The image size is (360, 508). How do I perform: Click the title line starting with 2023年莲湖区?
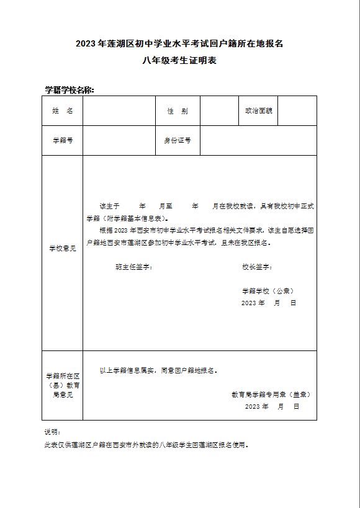tap(179, 43)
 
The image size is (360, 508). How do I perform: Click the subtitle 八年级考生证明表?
tap(179, 61)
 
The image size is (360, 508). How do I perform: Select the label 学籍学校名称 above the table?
tap(69, 90)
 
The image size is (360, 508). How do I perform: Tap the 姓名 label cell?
tap(62, 111)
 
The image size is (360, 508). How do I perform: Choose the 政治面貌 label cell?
tap(258, 111)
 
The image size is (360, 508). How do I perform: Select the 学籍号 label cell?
tap(62, 141)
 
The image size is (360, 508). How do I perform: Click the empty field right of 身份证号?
tap(258, 141)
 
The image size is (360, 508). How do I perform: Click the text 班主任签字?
tap(134, 267)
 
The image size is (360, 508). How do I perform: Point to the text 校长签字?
tap(257, 267)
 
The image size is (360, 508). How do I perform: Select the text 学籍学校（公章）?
tap(268, 290)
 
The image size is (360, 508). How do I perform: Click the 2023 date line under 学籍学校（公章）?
tap(268, 303)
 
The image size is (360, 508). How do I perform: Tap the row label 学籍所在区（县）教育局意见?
tap(62, 385)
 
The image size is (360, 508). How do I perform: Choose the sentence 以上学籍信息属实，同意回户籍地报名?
tap(158, 370)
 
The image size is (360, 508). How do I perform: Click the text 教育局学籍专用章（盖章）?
tap(271, 394)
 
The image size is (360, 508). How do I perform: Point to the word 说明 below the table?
tap(52, 432)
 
